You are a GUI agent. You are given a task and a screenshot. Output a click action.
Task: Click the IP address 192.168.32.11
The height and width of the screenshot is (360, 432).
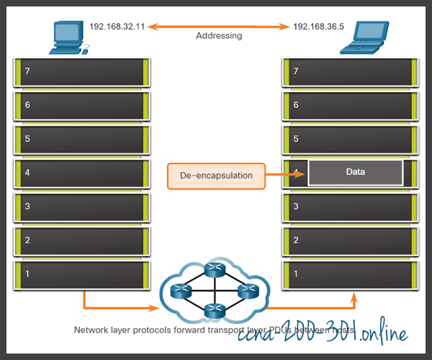click(x=117, y=27)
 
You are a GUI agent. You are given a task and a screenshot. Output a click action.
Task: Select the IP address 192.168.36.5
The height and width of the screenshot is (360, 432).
click(x=318, y=27)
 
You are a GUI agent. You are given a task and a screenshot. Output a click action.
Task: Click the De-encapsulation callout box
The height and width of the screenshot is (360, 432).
click(x=215, y=176)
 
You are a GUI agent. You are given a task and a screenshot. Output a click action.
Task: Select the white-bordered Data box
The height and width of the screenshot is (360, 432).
click(x=355, y=173)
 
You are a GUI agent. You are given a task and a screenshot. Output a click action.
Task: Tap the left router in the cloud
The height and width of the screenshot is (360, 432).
click(x=184, y=292)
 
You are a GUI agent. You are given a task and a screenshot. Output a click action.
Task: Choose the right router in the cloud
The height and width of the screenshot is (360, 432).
click(x=248, y=292)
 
